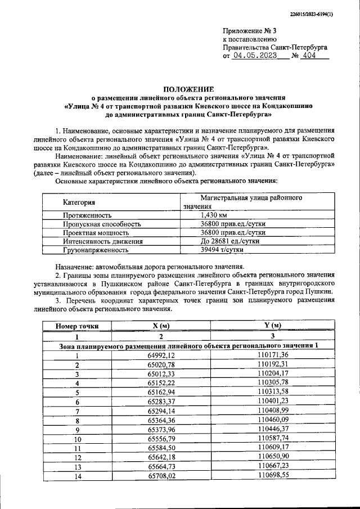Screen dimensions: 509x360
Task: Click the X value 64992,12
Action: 161,355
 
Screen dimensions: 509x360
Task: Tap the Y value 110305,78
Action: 273,383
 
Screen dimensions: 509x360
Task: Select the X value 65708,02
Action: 161,476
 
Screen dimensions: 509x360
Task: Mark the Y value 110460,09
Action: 273,420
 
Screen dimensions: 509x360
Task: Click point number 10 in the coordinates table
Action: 78,439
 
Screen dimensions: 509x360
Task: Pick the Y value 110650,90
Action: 273,457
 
